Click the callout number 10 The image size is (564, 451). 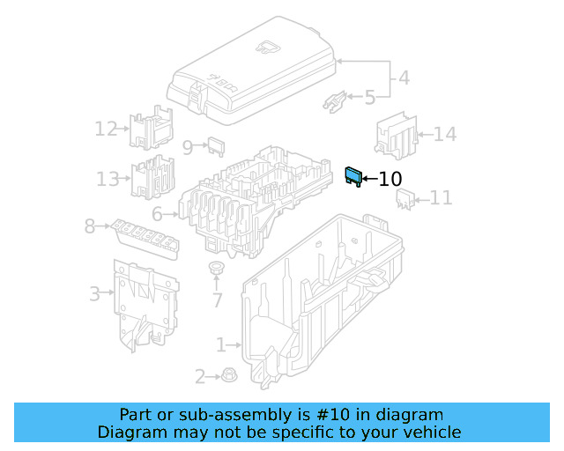[390, 179]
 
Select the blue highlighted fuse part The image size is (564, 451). [353, 176]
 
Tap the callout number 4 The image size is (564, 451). [404, 78]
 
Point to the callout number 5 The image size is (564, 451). [369, 97]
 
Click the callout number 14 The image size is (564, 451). [445, 135]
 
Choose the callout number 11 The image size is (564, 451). [441, 198]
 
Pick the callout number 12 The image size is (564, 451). [106, 129]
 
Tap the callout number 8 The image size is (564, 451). [89, 226]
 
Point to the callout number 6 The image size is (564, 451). [157, 214]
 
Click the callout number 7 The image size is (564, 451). [217, 300]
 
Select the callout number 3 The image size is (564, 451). [94, 293]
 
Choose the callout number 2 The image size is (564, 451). [200, 377]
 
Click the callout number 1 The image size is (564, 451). [221, 344]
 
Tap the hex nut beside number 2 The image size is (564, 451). [226, 376]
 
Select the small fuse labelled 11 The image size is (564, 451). [405, 202]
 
